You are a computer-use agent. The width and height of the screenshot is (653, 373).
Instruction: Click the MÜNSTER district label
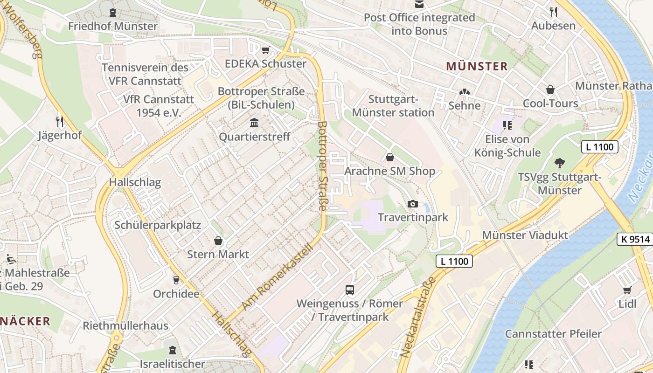click(476, 66)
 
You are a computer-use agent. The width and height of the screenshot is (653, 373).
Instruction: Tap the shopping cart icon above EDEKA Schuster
click(266, 50)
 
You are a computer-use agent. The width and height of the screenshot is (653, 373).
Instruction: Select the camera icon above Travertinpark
click(412, 204)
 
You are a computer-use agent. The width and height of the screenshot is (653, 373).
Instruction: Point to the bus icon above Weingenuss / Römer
click(350, 290)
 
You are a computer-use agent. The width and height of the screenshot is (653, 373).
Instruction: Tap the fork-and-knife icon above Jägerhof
click(60, 122)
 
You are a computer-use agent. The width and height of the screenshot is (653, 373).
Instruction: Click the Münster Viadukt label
click(525, 235)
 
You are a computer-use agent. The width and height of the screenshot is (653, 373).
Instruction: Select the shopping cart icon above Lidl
click(627, 290)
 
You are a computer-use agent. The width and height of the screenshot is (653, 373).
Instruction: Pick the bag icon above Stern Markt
click(218, 241)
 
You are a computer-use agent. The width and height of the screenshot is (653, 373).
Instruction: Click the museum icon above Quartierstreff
click(254, 123)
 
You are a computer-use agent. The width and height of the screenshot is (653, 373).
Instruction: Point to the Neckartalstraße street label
click(418, 317)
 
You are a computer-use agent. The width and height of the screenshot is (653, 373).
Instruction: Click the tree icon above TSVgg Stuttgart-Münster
click(559, 163)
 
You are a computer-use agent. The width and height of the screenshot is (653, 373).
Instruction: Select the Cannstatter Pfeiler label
click(553, 334)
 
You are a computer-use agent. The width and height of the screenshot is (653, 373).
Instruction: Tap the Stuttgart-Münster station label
click(393, 106)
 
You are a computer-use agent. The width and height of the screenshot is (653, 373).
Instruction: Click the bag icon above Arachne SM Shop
click(390, 158)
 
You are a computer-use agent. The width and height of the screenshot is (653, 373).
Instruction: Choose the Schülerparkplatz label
click(158, 225)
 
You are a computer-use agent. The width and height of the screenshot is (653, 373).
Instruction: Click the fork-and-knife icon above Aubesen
click(554, 12)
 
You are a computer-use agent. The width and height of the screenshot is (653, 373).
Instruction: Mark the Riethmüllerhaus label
click(125, 325)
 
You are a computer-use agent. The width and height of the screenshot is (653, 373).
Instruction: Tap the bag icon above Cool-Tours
click(550, 90)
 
